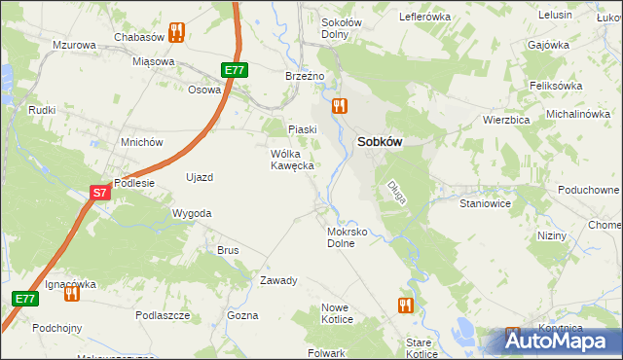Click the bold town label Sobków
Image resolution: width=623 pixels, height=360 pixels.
(380, 141)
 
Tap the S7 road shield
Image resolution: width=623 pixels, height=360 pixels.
(100, 194)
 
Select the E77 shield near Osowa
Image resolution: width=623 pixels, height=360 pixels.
(234, 70)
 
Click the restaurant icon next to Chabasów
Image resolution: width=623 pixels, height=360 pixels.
(176, 32)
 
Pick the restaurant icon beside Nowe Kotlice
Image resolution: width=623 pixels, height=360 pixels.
(406, 306)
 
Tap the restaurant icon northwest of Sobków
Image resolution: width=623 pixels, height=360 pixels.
(339, 105)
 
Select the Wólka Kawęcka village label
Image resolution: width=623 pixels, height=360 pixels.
(291, 160)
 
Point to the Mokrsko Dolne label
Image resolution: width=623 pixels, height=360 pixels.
(347, 238)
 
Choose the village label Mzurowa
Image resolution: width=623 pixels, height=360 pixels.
(74, 46)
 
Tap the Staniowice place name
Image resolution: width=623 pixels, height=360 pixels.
(486, 205)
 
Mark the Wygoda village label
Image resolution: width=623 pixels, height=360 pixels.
(191, 213)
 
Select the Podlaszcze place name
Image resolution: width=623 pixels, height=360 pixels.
(163, 315)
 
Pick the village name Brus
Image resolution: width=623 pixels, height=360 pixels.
(228, 250)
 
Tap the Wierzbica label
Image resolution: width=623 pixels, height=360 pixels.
(505, 120)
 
